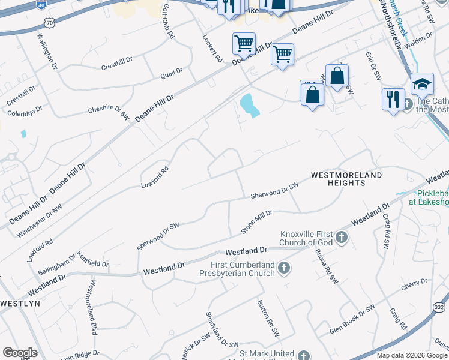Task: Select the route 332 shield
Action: click(439, 307)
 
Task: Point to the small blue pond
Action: click(249, 105)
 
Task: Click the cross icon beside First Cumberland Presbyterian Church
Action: click(283, 268)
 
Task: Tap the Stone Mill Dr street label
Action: click(257, 221)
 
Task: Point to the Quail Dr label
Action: click(171, 73)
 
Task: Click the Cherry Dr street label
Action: click(414, 283)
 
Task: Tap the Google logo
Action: click(19, 353)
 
